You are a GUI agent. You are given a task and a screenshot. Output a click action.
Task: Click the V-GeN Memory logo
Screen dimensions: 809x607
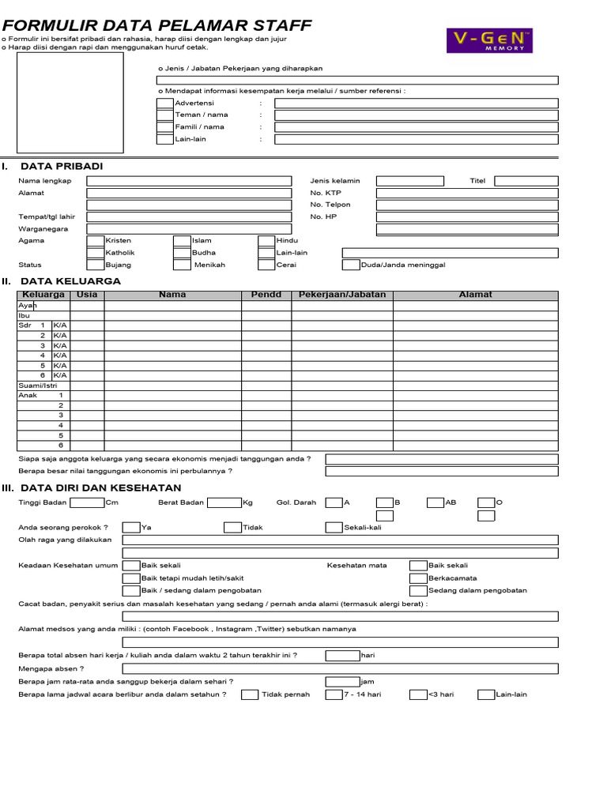coord(490,41)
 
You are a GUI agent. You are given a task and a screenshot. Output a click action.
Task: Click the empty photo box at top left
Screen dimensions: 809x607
coord(71,103)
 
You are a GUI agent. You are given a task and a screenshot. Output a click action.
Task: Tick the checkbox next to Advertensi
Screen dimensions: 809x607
coord(164,103)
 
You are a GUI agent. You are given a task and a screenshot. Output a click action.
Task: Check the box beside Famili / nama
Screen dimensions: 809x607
coord(164,127)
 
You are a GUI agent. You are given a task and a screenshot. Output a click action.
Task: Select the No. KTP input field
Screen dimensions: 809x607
coord(466,193)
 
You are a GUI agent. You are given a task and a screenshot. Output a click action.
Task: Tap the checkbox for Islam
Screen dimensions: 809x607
coord(182,241)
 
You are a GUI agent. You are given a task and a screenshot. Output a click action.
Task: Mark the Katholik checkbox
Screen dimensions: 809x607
coord(95,253)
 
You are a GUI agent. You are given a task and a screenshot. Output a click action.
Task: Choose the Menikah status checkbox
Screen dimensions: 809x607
coord(182,265)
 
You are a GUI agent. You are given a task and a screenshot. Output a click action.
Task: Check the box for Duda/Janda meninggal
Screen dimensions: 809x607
coord(351,265)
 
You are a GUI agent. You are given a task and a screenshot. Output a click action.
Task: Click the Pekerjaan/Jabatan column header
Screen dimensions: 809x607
coord(342,295)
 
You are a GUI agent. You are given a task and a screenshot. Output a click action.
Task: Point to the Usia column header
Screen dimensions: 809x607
coord(87,295)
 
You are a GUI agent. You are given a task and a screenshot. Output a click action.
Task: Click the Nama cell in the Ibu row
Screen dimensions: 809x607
coord(172,315)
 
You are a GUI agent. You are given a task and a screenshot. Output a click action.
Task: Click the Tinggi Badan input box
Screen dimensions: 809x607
coord(87,502)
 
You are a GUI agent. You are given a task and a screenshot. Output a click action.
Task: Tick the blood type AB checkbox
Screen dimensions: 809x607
coord(435,502)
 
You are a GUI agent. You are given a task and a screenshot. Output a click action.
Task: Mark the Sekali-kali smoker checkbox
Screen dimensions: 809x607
coord(334,528)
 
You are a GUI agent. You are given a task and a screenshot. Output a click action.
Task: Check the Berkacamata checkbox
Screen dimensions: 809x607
coord(418,578)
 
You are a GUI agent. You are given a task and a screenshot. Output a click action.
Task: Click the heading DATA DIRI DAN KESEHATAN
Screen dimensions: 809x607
coord(100,487)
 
